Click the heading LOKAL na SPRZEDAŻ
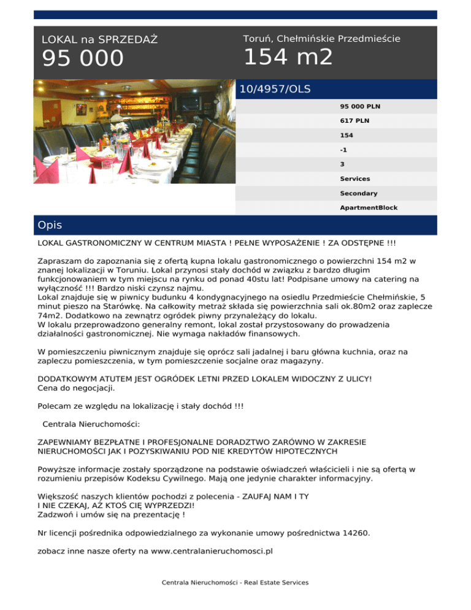coord(99,40)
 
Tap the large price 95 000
coord(83,60)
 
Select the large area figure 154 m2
coord(288,58)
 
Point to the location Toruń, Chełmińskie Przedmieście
coord(321,39)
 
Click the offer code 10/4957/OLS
coord(275,89)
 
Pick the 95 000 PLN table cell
coord(361,106)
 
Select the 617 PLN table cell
coord(355,120)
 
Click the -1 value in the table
coord(344,149)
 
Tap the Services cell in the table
coord(355,179)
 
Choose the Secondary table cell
coord(359,193)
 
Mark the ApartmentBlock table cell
coord(369,207)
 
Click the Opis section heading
coord(49,225)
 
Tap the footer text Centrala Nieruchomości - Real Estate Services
coord(235,582)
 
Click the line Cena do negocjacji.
coord(76,388)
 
